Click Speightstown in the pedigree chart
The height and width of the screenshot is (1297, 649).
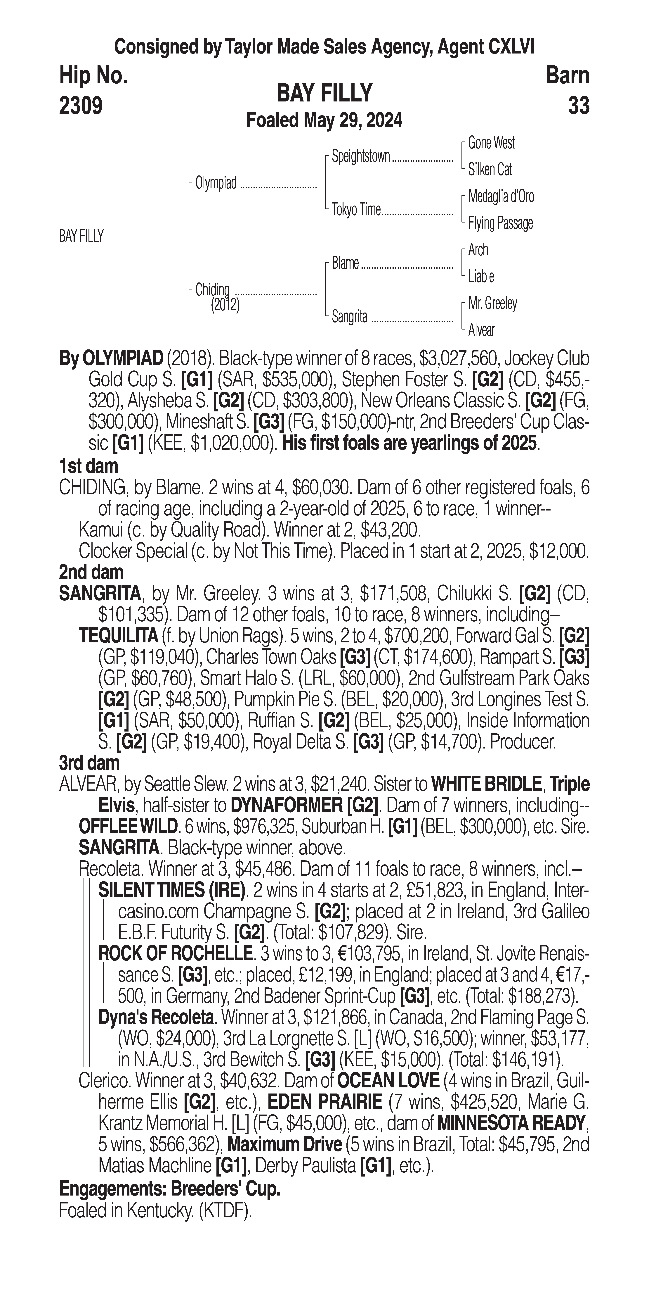[x=360, y=157]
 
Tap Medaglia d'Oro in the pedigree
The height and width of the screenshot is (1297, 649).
[x=501, y=196]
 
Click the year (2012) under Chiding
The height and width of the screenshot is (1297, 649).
[x=225, y=305]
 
